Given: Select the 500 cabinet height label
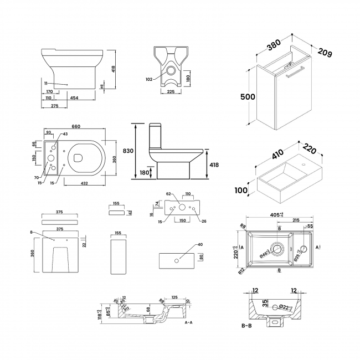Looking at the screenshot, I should [247, 96].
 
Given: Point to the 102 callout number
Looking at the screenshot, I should [149, 79].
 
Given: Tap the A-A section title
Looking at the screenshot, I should [188, 322].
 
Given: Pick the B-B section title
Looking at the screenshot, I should [247, 326].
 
